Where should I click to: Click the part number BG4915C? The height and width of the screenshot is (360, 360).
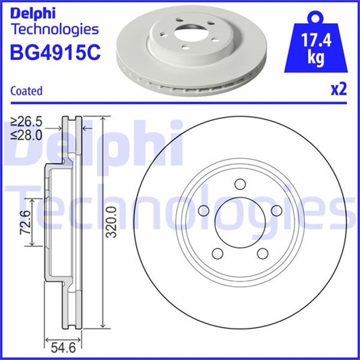point(55,53)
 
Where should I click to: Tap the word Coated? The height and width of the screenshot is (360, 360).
point(26,91)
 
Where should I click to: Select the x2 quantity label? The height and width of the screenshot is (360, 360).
point(337,90)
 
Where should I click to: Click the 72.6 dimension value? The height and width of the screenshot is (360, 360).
point(25,222)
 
